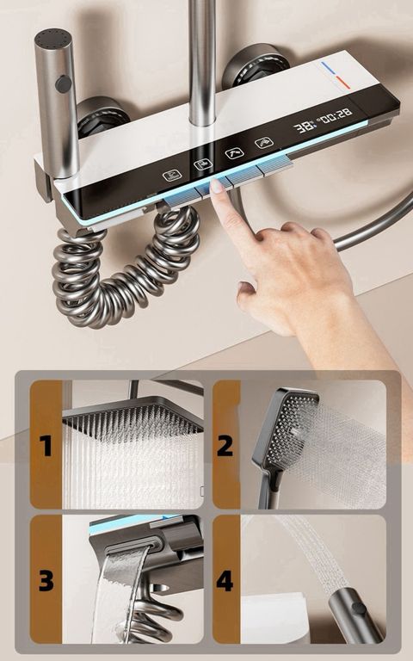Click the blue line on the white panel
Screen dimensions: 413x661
click(x=328, y=68)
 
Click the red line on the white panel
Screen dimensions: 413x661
click(x=343, y=83)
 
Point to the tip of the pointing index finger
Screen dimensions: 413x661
click(x=216, y=183)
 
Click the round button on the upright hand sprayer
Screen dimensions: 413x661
click(x=63, y=83)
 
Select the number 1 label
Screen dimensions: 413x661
click(x=46, y=446)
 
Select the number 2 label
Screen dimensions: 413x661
click(x=225, y=446)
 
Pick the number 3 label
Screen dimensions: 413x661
click(x=46, y=580)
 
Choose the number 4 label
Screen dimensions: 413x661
click(x=225, y=580)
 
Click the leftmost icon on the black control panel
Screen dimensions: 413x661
click(x=172, y=175)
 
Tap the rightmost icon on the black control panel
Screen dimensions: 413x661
click(x=264, y=144)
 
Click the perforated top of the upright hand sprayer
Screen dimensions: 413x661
click(x=52, y=37)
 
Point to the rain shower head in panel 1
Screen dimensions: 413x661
click(x=133, y=417)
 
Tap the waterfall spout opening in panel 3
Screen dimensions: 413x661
click(x=132, y=547)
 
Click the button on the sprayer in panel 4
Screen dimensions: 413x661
click(x=359, y=608)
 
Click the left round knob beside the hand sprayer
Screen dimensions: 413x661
click(x=103, y=117)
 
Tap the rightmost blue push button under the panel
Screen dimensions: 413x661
click(x=274, y=165)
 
